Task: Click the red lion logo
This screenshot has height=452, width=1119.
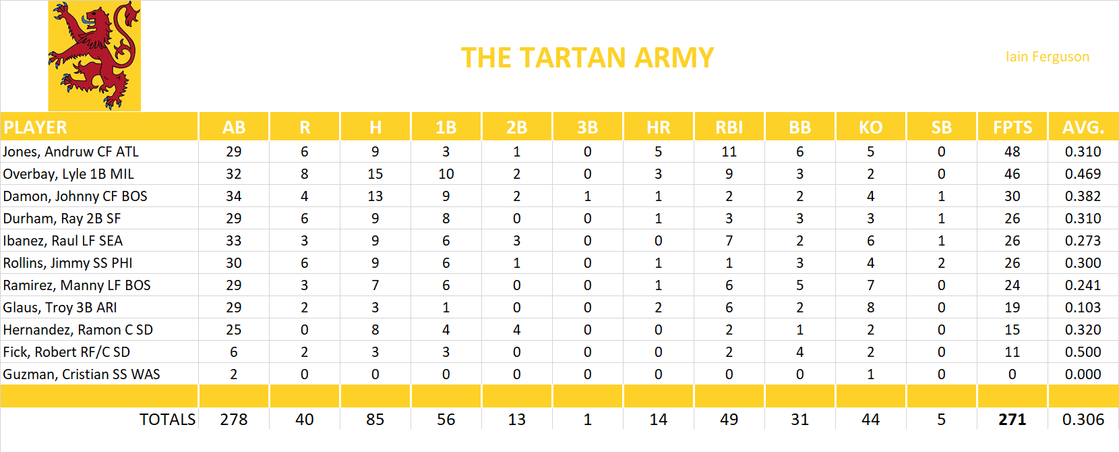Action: [94, 56]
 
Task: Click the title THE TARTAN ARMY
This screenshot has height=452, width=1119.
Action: [587, 58]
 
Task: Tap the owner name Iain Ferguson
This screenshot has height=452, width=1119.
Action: [1047, 57]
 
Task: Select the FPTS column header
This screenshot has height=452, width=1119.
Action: [1012, 128]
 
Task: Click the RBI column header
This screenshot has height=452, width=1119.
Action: [729, 128]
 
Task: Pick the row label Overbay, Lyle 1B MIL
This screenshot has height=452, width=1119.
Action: [69, 174]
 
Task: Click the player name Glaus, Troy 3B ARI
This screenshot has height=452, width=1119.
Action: [60, 308]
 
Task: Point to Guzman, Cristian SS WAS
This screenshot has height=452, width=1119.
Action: [82, 374]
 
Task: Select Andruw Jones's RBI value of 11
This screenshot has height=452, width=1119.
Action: [729, 152]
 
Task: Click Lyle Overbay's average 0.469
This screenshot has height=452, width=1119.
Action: [1083, 174]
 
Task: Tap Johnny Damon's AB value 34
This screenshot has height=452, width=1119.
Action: [233, 196]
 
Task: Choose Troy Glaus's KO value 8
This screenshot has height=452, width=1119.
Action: [870, 308]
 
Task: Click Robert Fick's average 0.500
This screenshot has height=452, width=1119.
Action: [1083, 352]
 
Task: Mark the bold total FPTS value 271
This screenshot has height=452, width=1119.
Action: [1012, 420]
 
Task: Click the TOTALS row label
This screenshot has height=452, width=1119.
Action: [167, 420]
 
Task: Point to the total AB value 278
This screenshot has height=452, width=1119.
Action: [233, 420]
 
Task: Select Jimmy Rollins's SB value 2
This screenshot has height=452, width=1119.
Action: [941, 263]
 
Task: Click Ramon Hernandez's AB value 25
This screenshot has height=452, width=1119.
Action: [233, 330]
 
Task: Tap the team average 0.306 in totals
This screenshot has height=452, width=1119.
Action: [1083, 420]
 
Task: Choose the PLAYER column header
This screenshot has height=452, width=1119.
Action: [36, 128]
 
